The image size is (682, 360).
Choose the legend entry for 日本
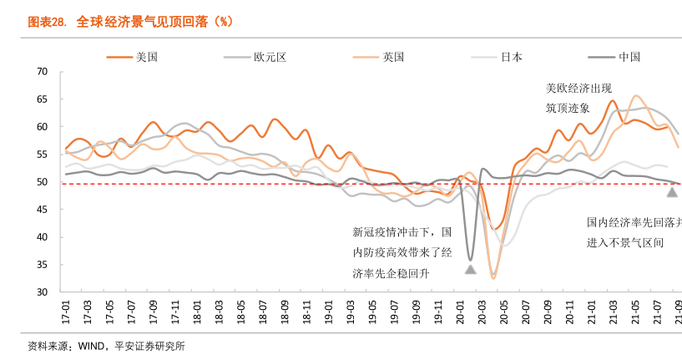tap(512, 57)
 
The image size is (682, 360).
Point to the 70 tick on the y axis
tap(42, 72)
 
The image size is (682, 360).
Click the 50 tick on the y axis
tap(42, 182)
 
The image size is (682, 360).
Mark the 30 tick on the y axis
tap(42, 292)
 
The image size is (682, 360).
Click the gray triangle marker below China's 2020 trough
tap(470, 270)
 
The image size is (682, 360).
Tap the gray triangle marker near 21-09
tap(672, 192)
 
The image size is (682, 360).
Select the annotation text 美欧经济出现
tap(579, 88)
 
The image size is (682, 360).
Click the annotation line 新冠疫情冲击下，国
tap(402, 232)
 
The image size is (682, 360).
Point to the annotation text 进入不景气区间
tap(625, 243)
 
